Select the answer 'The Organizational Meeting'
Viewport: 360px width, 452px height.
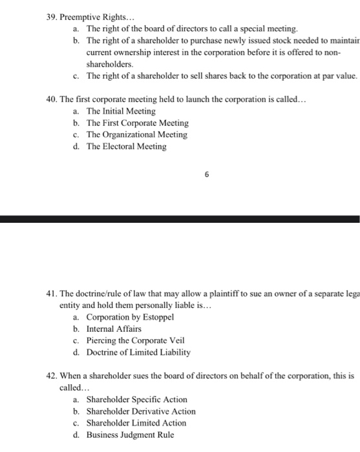tap(136, 135)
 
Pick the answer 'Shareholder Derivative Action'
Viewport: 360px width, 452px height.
tap(140, 411)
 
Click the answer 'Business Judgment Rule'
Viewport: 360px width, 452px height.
tap(130, 435)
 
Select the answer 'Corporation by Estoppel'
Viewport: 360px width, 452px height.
tap(130, 317)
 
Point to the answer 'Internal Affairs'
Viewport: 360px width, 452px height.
tap(114, 329)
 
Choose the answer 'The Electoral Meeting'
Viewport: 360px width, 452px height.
tap(126, 147)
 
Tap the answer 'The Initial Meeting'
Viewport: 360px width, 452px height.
tap(121, 111)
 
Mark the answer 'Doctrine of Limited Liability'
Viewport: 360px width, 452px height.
tap(138, 353)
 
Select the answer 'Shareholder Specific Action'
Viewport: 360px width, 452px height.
tap(136, 400)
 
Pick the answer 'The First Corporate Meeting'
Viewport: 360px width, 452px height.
tap(138, 123)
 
